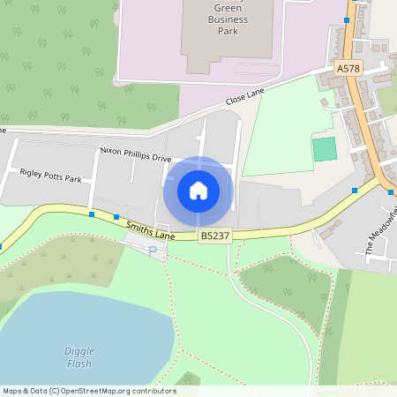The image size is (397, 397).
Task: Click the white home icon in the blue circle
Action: tap(198, 190)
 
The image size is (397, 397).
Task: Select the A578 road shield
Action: tap(348, 68)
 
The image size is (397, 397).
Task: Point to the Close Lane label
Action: tap(244, 98)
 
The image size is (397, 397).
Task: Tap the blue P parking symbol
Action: tap(153, 251)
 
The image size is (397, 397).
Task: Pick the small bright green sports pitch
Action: tap(325, 149)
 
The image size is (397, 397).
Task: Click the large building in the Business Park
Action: tap(221, 35)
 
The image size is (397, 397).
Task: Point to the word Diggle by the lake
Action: tap(79, 350)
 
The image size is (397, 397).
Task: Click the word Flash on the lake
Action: tap(79, 363)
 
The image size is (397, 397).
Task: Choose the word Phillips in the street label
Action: tap(140, 155)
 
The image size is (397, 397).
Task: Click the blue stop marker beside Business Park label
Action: tap(347, 19)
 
